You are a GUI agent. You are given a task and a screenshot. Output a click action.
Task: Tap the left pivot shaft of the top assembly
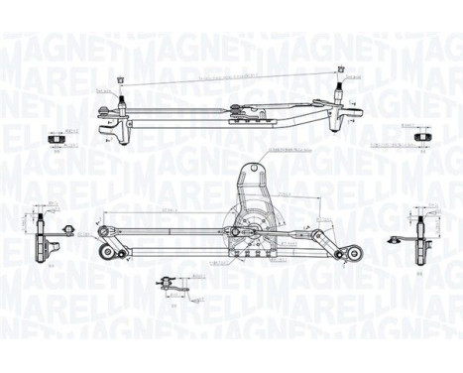[x=120, y=98]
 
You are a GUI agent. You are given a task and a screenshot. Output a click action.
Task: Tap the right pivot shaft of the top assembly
[x=342, y=96]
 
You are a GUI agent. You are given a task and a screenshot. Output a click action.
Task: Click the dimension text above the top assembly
[x=230, y=75]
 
